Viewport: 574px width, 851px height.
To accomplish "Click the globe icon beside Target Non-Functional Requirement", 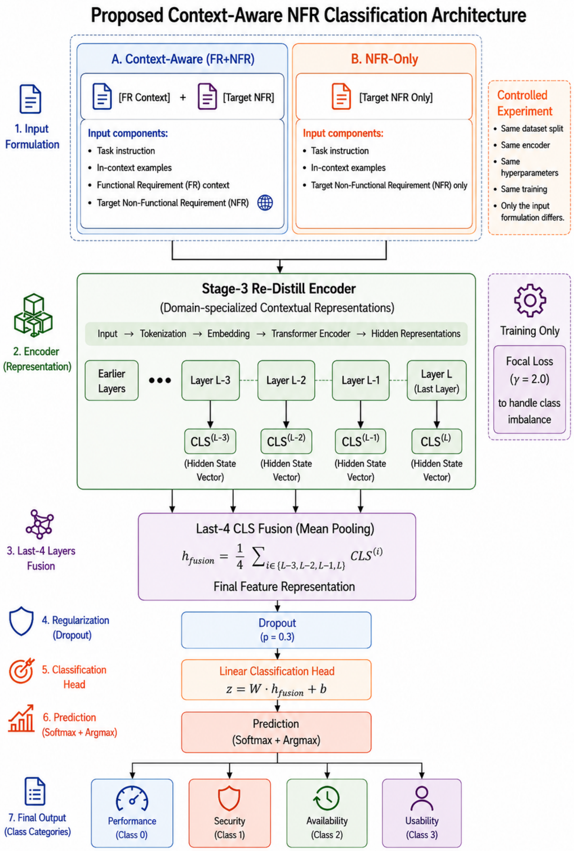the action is pos(265,203).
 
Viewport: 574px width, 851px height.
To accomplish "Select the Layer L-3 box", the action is pos(210,380).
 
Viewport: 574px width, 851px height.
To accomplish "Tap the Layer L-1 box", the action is pos(360,380).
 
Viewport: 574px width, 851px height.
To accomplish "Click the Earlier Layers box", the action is pos(111,380).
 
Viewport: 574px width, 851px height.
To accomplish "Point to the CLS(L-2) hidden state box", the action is pos(286,441).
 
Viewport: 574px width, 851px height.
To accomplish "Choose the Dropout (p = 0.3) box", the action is pos(277,630).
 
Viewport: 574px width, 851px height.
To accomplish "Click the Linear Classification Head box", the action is pos(277,680).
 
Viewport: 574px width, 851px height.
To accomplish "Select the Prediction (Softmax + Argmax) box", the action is pos(277,732).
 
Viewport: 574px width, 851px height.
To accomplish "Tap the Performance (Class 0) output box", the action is pos(132,813).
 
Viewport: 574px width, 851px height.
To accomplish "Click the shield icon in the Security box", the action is pos(229,798).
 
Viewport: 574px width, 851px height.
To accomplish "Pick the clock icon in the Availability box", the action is pos(327,798).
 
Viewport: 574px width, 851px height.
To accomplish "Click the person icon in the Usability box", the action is pos(421,798).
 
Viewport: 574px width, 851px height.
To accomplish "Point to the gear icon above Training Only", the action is pos(530,300).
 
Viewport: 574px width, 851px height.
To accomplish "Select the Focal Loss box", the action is pos(529,389).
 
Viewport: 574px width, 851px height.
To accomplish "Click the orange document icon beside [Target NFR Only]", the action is pos(341,96).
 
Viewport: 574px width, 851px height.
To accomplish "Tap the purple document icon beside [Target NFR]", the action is pos(207,96).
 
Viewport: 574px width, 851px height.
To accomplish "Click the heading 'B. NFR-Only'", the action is pos(384,59).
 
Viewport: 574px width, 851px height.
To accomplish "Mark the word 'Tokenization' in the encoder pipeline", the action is pos(163,334).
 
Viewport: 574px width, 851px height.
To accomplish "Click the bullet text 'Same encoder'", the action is pos(525,145).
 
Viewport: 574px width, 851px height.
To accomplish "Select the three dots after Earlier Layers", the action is pos(160,380).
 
